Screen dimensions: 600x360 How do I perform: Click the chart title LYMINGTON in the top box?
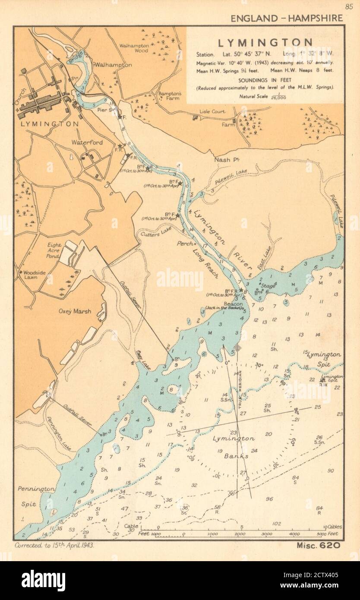[265, 42]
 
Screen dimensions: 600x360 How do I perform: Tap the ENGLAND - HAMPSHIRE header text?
[287, 18]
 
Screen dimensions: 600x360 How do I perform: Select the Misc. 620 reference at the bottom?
[319, 545]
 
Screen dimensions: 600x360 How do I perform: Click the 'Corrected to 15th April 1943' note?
[54, 545]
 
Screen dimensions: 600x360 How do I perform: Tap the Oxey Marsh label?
[76, 311]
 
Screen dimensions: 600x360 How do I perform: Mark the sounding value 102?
[276, 524]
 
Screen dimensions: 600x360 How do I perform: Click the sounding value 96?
[269, 499]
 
